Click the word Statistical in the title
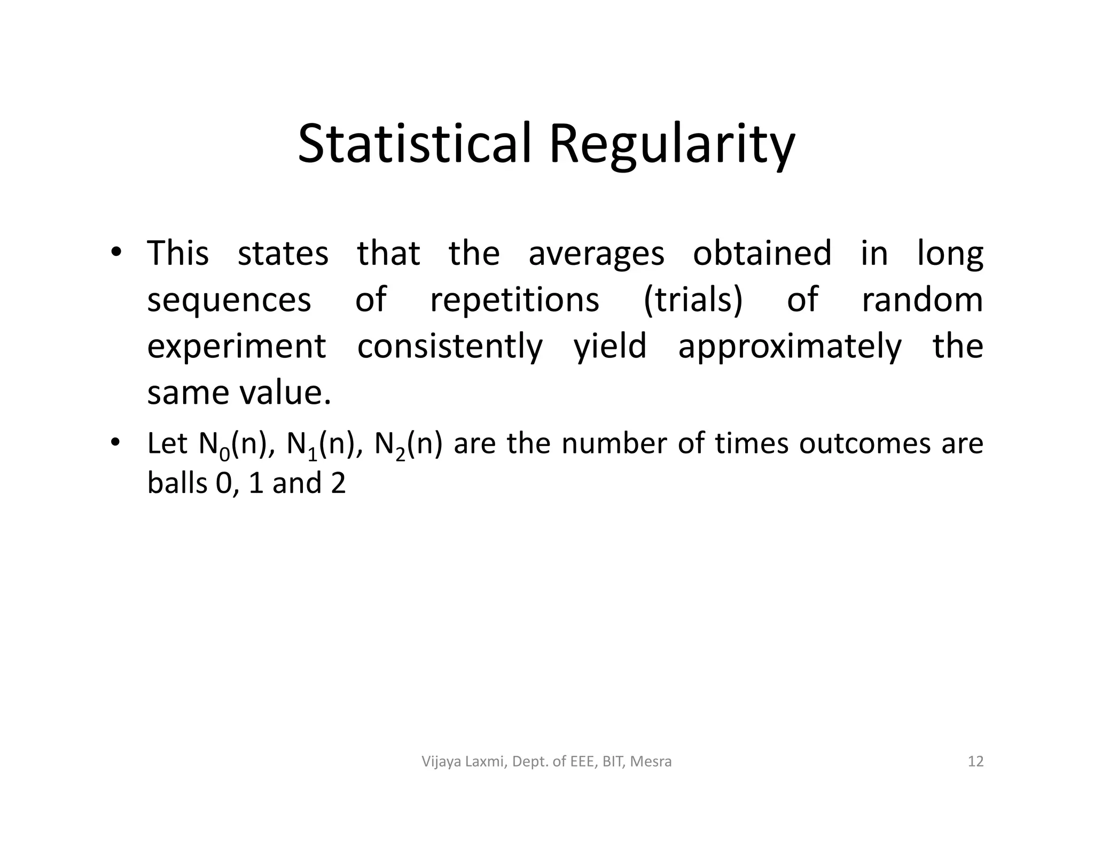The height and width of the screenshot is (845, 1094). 415,144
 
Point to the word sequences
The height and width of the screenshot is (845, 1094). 229,300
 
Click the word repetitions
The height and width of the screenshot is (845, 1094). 514,300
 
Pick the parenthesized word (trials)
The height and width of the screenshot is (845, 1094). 693,300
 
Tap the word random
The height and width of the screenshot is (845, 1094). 922,300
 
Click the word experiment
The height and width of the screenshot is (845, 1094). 236,347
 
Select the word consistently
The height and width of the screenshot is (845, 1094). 450,347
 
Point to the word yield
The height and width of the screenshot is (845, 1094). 609,347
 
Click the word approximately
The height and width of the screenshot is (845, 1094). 790,347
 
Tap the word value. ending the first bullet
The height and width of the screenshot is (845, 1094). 285,393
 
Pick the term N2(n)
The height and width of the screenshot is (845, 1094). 409,444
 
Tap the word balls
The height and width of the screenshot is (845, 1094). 177,483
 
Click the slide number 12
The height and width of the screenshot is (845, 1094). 975,761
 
